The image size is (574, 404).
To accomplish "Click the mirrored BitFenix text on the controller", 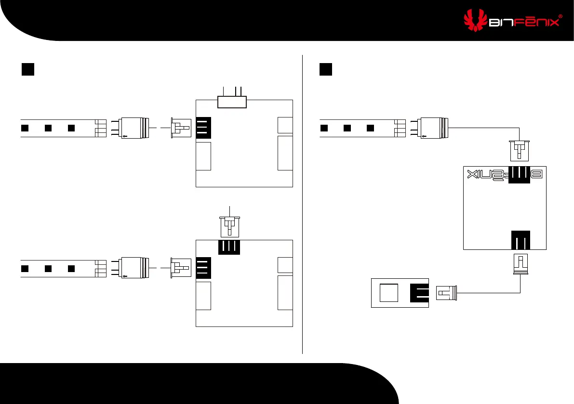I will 487,174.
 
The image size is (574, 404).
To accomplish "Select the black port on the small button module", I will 419,292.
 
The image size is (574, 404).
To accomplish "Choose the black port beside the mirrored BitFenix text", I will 520,175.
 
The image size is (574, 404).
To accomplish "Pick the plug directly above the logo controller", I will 520,150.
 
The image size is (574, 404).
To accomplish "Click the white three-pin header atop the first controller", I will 232,102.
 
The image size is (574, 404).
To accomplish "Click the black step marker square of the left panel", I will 28,69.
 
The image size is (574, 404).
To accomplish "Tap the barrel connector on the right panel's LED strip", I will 433,129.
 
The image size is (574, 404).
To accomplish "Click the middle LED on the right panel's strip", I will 347,129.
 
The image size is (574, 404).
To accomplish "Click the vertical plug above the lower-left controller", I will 230,225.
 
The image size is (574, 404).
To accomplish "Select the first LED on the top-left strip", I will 25,128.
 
